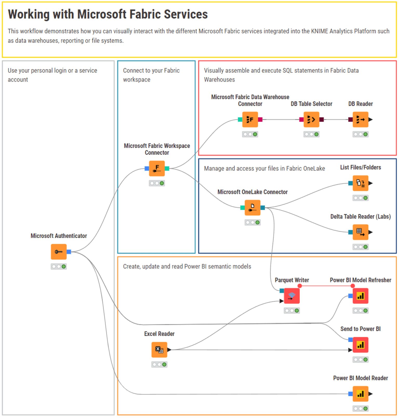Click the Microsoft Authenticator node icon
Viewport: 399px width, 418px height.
tap(59, 252)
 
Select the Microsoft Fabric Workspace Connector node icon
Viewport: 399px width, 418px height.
tap(157, 169)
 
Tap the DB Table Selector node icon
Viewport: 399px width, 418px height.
tap(311, 120)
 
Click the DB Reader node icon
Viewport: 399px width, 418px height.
tap(360, 120)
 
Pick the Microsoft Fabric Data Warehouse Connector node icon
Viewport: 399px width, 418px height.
tap(250, 120)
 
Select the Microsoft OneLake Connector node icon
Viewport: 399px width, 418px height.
tap(252, 208)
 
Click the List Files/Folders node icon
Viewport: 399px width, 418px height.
tap(360, 183)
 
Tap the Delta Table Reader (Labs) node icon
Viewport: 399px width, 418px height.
tap(360, 232)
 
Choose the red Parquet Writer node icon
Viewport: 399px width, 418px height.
tap(292, 296)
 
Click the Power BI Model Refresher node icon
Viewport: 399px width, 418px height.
tap(360, 296)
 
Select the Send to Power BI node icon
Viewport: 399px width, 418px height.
tap(360, 345)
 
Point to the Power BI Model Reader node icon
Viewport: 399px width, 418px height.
tap(360, 394)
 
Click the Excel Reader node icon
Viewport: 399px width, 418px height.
tap(159, 350)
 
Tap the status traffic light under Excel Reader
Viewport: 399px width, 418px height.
tap(159, 365)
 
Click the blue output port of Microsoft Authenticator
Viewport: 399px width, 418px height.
tap(69, 252)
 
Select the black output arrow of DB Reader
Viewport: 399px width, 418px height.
tap(371, 120)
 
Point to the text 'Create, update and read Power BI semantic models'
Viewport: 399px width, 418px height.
tap(187, 267)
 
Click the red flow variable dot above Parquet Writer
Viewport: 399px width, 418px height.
tap(300, 286)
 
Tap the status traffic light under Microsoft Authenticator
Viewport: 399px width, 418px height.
tap(59, 267)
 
